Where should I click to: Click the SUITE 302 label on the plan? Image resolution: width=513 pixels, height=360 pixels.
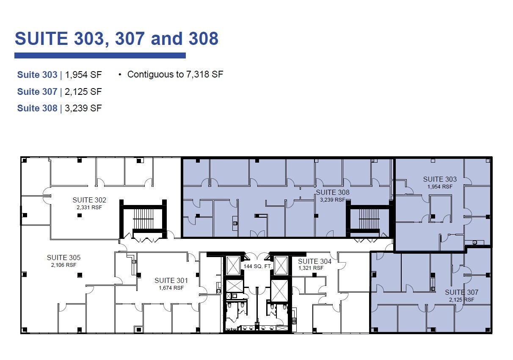click(89, 200)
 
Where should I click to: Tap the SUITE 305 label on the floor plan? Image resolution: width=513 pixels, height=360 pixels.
click(63, 258)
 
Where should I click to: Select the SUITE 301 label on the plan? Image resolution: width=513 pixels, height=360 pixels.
click(171, 280)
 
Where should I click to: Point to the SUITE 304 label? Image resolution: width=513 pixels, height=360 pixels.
click(314, 261)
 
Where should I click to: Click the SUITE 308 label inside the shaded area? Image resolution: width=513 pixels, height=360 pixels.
click(333, 192)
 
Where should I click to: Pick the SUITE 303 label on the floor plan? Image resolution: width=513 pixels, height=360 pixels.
click(440, 179)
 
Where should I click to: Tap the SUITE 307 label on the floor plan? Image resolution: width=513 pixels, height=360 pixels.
click(461, 292)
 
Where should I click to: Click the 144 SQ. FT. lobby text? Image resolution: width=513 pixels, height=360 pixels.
click(257, 266)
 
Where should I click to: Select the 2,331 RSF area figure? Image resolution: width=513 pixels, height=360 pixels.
click(89, 208)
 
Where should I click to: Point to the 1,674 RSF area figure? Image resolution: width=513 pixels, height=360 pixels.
click(171, 288)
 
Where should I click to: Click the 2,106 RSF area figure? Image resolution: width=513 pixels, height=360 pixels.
click(63, 265)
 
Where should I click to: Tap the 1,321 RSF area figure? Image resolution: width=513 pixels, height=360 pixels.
click(311, 268)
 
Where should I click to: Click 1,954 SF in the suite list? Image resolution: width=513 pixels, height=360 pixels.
click(83, 75)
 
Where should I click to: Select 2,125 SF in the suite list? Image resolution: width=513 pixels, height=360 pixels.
click(83, 91)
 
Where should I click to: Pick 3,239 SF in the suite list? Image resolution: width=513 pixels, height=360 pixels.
click(83, 108)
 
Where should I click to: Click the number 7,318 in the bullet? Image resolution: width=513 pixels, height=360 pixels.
click(199, 75)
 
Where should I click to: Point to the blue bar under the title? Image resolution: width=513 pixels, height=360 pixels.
click(100, 55)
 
